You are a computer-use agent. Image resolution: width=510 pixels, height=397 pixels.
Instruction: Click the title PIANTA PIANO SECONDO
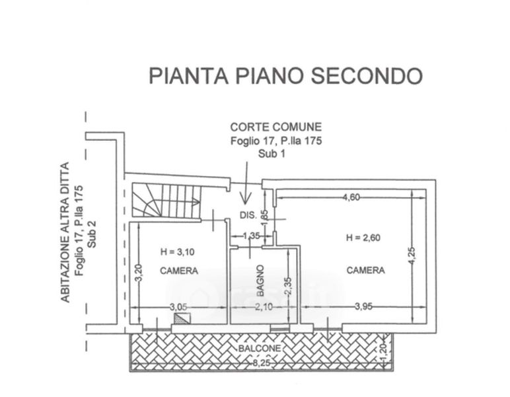[285, 75]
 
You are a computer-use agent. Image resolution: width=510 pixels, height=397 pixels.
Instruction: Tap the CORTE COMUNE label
[275, 126]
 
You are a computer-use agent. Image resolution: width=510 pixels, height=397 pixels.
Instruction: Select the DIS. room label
[248, 216]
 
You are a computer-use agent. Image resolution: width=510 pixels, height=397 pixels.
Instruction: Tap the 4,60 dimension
[351, 197]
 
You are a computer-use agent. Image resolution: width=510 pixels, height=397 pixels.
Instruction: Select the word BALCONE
[260, 349]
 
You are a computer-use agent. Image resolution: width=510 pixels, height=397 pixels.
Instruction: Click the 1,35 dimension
[251, 236]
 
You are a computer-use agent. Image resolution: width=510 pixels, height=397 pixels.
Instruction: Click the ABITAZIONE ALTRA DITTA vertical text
[65, 232]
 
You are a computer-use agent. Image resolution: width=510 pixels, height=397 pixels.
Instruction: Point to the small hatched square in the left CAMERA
[181, 318]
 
